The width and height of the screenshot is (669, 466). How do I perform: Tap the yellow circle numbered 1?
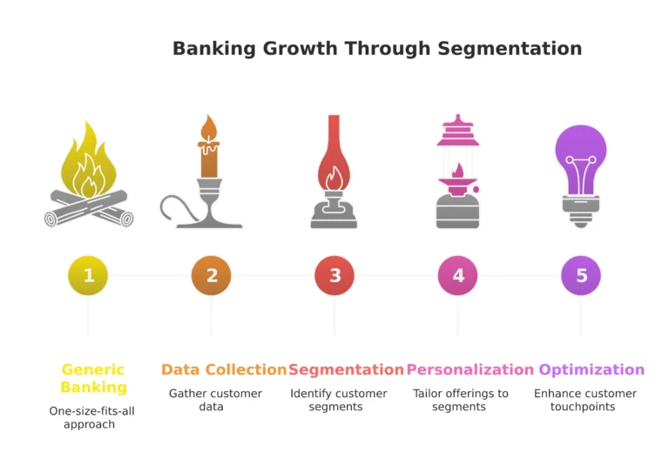pos(88,276)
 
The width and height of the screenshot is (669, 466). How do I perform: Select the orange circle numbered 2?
pos(212,276)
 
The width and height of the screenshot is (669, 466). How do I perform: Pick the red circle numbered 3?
pos(334,276)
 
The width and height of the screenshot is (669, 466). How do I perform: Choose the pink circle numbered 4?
pos(458,276)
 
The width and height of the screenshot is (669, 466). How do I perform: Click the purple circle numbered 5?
pos(581,276)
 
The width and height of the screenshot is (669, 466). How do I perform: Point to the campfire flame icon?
pos(88,165)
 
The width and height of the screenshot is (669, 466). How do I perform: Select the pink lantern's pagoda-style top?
pos(458,131)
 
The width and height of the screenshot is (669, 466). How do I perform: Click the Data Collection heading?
pos(224,369)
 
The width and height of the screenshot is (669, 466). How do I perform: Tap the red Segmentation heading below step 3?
pos(346,369)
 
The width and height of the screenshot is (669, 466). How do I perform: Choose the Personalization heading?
pos(470,369)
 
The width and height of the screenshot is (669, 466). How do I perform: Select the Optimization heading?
pos(591,369)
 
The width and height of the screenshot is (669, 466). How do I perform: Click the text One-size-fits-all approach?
pos(89,416)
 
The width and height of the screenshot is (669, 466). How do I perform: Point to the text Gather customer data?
pos(215,400)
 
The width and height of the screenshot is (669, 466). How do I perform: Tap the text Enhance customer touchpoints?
pos(585,400)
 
